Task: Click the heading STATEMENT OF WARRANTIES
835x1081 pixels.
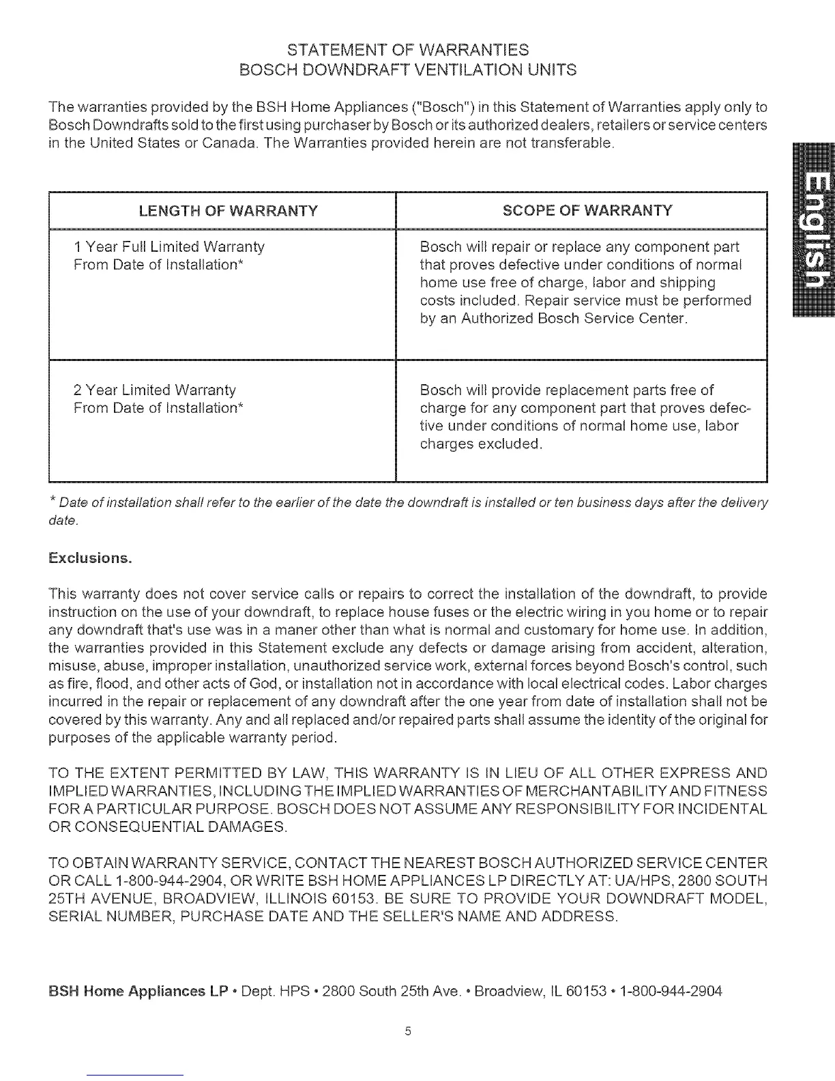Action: (x=408, y=50)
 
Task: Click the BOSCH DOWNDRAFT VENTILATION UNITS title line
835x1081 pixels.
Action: (x=408, y=70)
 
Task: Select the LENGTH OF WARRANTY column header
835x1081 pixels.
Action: (x=228, y=210)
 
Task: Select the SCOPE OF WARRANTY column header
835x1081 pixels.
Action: (x=587, y=210)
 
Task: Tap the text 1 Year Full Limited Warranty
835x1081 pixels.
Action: (x=169, y=246)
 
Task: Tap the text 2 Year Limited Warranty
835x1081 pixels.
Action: (x=154, y=390)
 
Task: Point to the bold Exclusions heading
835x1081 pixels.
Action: (x=89, y=558)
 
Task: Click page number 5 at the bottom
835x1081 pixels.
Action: (x=407, y=1031)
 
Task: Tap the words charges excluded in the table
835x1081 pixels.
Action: (x=481, y=444)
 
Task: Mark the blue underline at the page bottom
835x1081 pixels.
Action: (x=136, y=1075)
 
